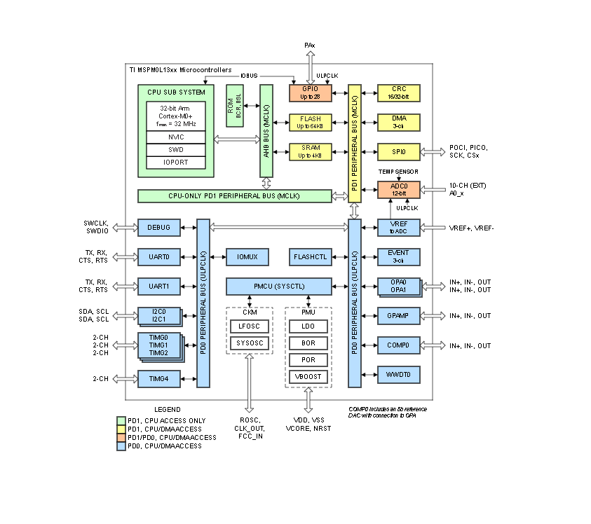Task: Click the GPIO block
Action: [310, 92]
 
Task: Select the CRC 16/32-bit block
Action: [398, 92]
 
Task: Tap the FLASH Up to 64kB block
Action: [310, 123]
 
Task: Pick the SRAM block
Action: [310, 151]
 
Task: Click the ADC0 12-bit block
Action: [398, 189]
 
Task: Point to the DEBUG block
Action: [159, 227]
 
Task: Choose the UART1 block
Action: [159, 286]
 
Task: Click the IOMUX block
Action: [247, 257]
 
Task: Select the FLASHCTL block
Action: [310, 257]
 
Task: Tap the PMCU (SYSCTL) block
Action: [278, 287]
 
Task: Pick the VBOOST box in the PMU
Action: [307, 376]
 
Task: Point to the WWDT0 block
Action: [398, 375]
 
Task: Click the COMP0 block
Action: [398, 345]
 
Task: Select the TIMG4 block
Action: [159, 378]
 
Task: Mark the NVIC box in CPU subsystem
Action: [176, 137]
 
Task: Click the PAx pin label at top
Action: [309, 46]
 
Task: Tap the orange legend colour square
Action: [121, 437]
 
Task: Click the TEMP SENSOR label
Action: [398, 171]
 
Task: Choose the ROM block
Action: [233, 105]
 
